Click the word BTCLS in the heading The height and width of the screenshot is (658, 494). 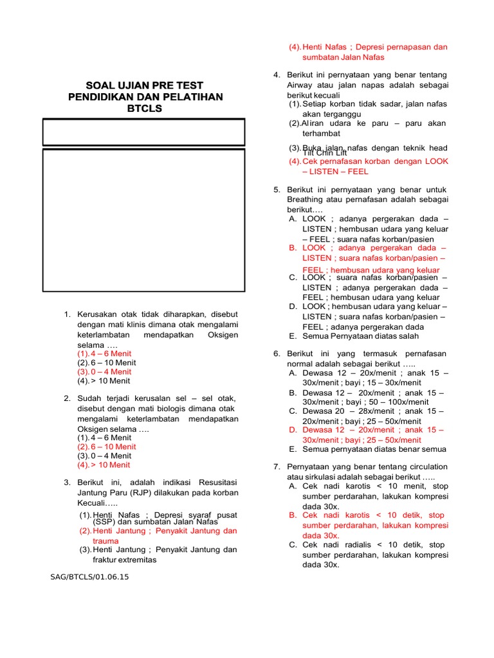click(145, 109)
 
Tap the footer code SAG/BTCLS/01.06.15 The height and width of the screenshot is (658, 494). click(89, 576)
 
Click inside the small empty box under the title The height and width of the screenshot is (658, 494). click(143, 132)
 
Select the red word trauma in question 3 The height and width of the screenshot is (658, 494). click(105, 541)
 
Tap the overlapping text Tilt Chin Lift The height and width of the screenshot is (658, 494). click(325, 153)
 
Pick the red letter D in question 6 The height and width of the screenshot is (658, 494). click(293, 430)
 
